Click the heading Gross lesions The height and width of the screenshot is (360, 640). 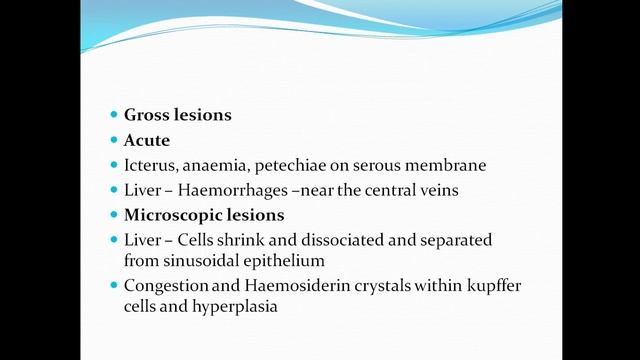click(178, 115)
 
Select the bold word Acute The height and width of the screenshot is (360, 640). click(147, 140)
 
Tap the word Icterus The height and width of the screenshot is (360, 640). click(149, 165)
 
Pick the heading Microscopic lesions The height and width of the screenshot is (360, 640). click(204, 215)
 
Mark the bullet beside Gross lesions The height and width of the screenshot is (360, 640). click(113, 115)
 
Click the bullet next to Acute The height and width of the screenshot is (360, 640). click(113, 140)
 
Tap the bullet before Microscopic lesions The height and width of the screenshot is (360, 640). click(113, 215)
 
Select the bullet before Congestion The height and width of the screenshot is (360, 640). click(113, 286)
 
